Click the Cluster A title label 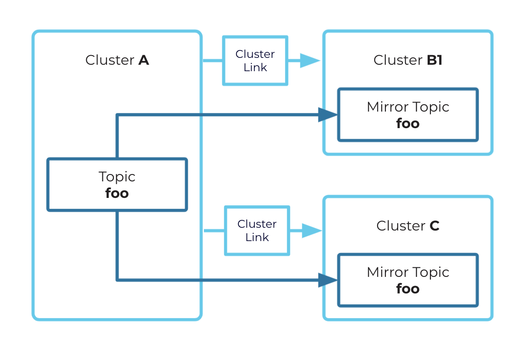click(x=117, y=60)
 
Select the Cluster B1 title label click(x=408, y=60)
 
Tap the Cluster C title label click(x=408, y=226)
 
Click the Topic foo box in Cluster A click(x=117, y=185)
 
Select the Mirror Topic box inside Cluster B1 click(x=408, y=115)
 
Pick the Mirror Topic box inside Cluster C click(x=408, y=280)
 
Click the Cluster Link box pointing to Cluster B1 click(x=255, y=61)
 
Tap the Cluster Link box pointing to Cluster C click(x=257, y=231)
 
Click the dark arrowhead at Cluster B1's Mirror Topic click(x=328, y=115)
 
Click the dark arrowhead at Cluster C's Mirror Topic click(x=328, y=280)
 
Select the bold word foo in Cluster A click(x=117, y=193)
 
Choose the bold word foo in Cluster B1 click(x=408, y=124)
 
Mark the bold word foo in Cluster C click(x=408, y=289)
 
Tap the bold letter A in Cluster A click(x=144, y=60)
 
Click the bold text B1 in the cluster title click(x=434, y=60)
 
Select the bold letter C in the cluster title click(x=434, y=226)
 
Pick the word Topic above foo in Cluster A click(x=117, y=177)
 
